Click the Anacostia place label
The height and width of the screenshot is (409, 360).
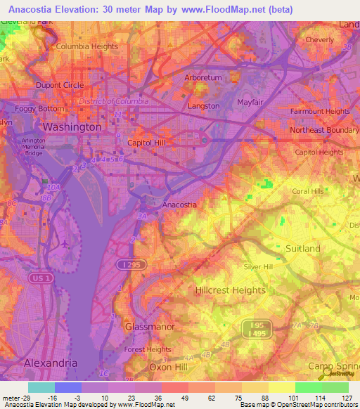[179, 204]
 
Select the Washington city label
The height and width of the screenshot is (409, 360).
[72, 127]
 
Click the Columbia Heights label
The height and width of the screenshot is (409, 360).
[87, 46]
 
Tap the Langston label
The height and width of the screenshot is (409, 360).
[204, 106]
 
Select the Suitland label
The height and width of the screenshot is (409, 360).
[303, 249]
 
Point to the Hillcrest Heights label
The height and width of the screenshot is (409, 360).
[229, 290]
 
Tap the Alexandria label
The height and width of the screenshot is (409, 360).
[51, 363]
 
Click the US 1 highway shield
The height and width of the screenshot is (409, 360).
[41, 279]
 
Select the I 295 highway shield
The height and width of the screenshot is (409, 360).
[124, 264]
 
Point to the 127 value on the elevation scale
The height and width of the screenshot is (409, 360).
[346, 397]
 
